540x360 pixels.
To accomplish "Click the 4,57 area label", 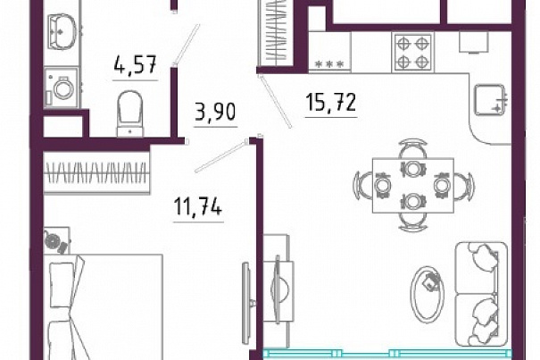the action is [136, 64].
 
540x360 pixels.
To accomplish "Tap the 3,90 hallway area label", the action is [215, 112].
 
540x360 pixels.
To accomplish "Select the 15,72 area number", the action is [330, 103].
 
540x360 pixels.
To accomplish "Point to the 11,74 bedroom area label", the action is [198, 207].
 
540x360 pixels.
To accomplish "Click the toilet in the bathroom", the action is [130, 113].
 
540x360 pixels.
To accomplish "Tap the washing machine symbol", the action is [62, 88].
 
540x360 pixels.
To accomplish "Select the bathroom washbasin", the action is [61, 32].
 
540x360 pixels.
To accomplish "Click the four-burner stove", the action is [412, 53].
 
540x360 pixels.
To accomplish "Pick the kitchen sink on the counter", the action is [491, 100].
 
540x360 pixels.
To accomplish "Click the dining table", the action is [413, 185].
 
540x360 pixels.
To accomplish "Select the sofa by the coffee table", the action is [481, 294].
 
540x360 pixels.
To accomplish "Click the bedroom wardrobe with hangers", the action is [97, 173].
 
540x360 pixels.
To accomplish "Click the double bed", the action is [104, 307].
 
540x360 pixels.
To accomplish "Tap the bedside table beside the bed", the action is [57, 240].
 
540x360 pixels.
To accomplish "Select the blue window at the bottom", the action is [387, 354].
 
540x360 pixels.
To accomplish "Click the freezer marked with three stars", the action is [329, 52].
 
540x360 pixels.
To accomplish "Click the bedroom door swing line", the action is [221, 156].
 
